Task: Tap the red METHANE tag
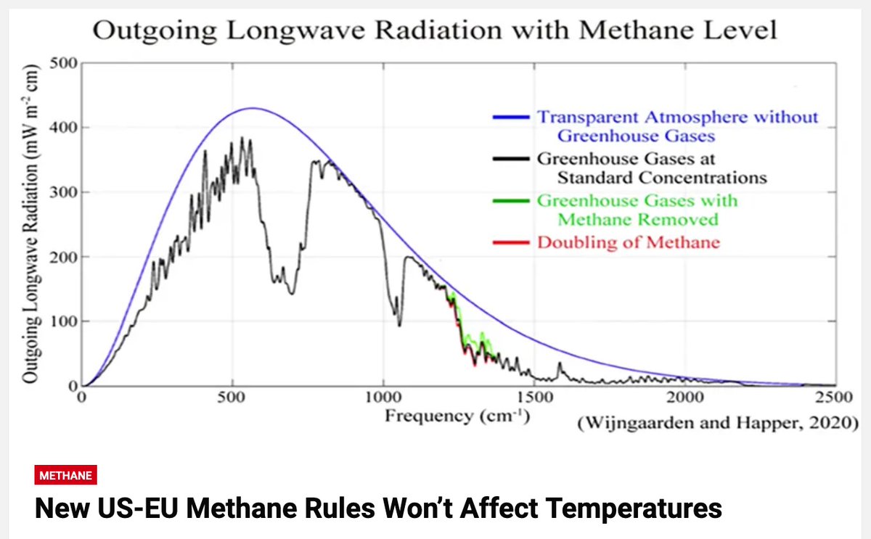(66, 476)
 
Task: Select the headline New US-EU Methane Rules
(378, 509)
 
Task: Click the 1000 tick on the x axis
(383, 398)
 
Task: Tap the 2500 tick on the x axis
(833, 398)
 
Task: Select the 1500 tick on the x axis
(533, 398)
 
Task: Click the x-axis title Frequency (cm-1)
(457, 416)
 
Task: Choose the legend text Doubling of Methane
(629, 242)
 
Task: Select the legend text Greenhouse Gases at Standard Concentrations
(651, 168)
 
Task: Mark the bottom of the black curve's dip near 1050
(399, 325)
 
